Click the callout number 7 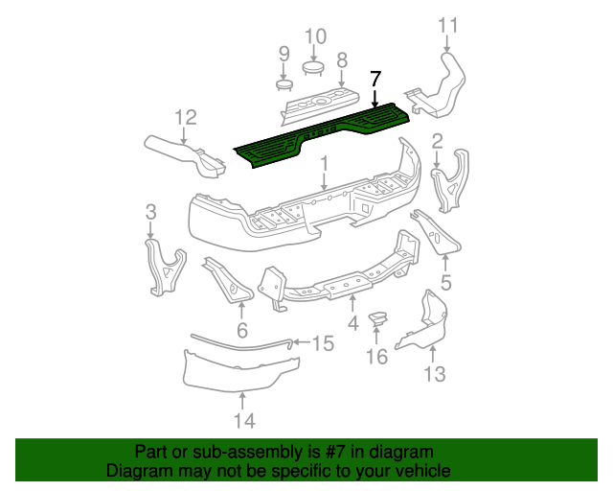(x=375, y=79)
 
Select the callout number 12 (x=185, y=117)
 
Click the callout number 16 (x=377, y=357)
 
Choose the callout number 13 (x=435, y=374)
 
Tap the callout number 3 (x=151, y=211)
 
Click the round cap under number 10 (x=314, y=67)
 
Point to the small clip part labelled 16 (x=378, y=318)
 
